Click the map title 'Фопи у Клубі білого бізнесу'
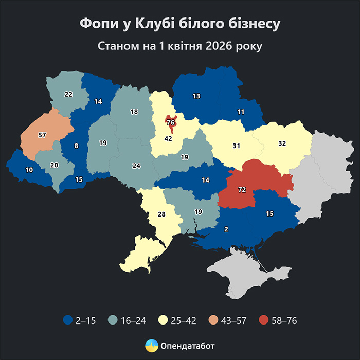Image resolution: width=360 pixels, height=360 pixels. (x=180, y=24)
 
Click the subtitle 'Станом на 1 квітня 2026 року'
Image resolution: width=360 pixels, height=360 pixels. (x=180, y=46)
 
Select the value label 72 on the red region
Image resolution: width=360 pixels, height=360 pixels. (x=242, y=190)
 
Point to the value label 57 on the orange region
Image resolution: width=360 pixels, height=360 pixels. (x=43, y=135)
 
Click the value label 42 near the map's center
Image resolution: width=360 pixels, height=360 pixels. (x=168, y=138)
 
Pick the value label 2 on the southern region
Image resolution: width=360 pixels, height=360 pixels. (x=226, y=229)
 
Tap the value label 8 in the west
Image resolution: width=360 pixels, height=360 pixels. (x=76, y=146)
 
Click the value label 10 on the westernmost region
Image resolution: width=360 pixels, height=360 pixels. (x=29, y=170)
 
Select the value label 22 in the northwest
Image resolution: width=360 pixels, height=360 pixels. (x=68, y=94)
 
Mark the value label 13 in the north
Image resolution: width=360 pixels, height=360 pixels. (x=196, y=96)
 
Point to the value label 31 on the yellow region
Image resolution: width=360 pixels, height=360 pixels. (x=236, y=146)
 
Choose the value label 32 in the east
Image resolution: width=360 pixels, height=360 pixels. (x=282, y=143)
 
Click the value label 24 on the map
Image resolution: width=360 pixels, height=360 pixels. (x=136, y=166)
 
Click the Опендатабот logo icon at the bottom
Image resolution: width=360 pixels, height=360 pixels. (x=151, y=345)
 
